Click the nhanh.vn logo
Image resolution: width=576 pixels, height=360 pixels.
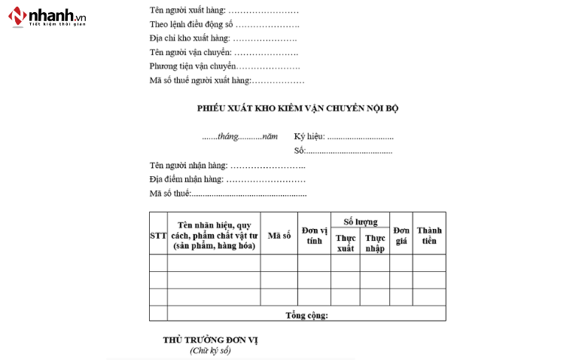(47, 17)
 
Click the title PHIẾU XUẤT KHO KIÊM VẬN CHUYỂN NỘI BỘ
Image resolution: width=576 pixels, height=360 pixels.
(297, 108)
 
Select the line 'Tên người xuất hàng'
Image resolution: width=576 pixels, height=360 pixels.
(224, 11)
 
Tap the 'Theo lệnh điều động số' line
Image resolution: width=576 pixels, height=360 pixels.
(224, 25)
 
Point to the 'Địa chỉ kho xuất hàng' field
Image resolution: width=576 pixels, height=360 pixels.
(223, 38)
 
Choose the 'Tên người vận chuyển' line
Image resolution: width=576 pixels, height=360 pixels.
(224, 53)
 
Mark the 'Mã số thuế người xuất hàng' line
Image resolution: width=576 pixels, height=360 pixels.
(227, 80)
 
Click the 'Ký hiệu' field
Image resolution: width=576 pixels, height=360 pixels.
(343, 137)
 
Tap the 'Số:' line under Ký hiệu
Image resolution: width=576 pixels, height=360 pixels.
(343, 151)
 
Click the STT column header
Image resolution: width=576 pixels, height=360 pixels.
(158, 236)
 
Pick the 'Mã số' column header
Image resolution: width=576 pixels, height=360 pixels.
(279, 236)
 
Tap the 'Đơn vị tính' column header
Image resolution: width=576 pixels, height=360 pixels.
(314, 236)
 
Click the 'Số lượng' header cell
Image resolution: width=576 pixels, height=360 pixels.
(360, 221)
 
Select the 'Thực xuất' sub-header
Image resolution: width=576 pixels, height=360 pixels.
(345, 243)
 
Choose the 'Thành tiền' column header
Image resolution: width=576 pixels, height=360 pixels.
(428, 236)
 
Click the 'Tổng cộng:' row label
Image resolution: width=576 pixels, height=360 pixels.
(306, 315)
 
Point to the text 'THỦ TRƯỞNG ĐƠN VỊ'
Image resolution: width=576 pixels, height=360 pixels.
(210, 340)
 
